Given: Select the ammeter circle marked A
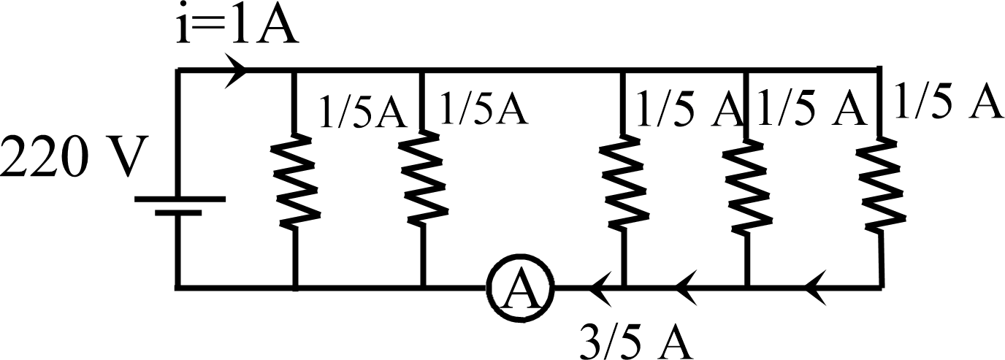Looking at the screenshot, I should point(520,289).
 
